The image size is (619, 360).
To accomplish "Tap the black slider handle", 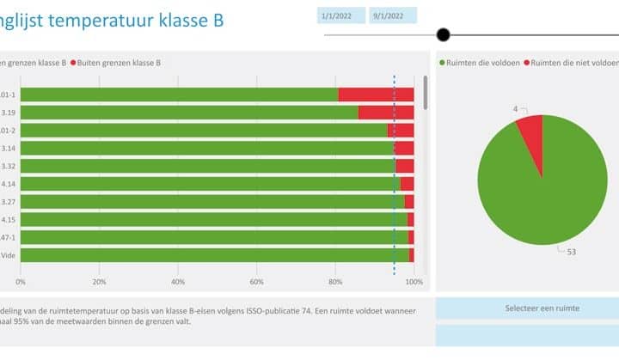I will [x=443, y=35].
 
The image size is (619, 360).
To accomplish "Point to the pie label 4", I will [x=516, y=109].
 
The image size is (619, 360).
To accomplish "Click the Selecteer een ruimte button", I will [x=540, y=308].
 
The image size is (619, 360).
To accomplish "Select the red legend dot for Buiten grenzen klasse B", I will [x=74, y=63].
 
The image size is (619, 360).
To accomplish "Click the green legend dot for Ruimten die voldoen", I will [x=442, y=63].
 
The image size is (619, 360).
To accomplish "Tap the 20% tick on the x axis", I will [x=100, y=282].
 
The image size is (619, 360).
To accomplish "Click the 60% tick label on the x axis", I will [x=256, y=282].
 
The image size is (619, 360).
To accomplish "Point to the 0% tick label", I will [x=21, y=282].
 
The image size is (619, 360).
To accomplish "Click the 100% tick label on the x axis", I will [x=414, y=282].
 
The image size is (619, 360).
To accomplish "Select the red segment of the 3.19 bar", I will [x=385, y=112].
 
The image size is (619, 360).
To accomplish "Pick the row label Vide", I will [x=7, y=255].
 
